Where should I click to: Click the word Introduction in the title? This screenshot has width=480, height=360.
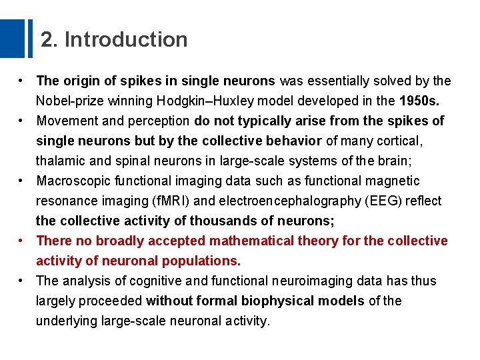click(126, 40)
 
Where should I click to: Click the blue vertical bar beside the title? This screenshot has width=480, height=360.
click(29, 38)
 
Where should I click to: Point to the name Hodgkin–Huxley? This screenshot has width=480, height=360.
click(211, 101)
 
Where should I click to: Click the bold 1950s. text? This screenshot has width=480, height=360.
click(419, 101)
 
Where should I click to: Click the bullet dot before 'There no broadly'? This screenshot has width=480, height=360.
click(22, 241)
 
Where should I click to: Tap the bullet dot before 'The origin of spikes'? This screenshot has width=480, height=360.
click(22, 81)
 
